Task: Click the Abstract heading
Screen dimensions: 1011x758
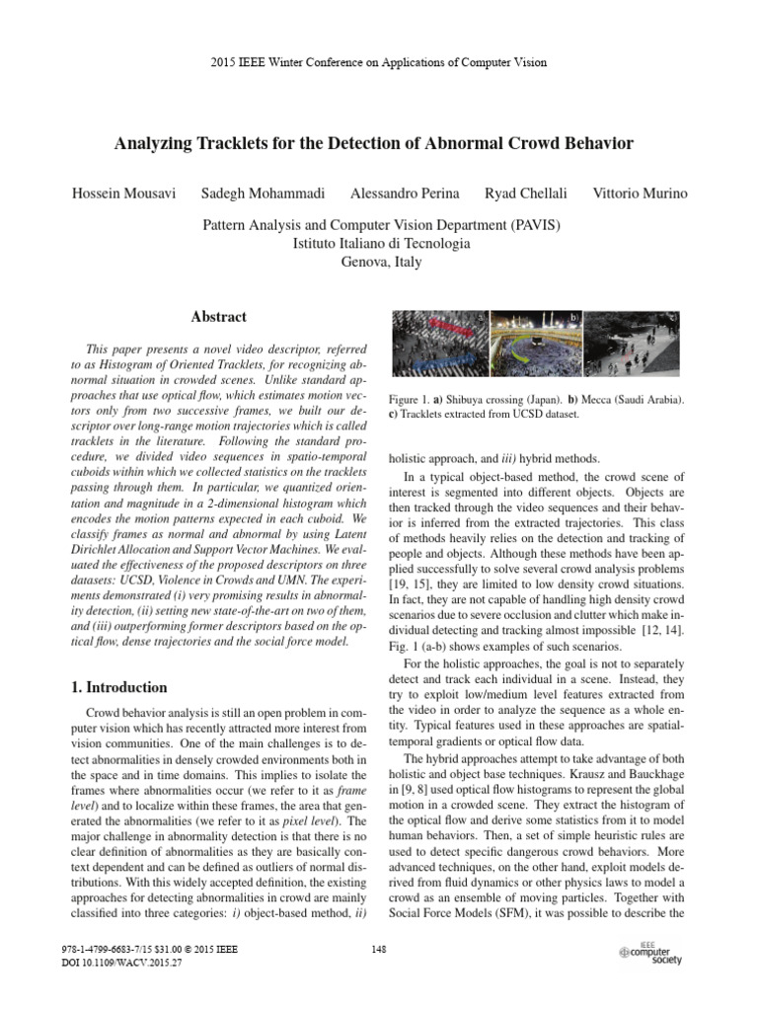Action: (218, 317)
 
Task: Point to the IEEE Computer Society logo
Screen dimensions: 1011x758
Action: (649, 953)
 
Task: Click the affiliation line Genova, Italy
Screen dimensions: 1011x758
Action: (380, 262)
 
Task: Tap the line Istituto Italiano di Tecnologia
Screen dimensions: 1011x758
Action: (380, 243)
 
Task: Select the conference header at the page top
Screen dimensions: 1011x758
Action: (380, 62)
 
